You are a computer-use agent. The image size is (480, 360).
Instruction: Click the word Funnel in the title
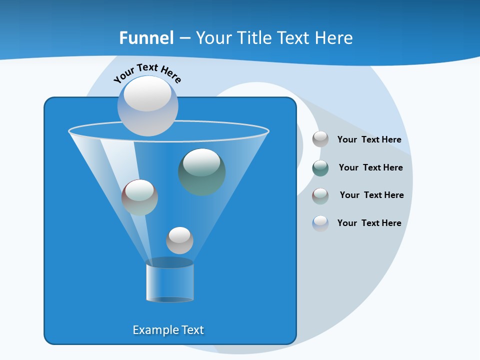point(146,38)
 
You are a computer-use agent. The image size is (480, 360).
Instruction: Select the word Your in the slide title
point(212,38)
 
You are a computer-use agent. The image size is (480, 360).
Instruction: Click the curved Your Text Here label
point(147,72)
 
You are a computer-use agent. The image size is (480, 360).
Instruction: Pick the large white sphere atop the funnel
point(147,105)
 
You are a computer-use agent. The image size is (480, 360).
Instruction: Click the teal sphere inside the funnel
point(202,171)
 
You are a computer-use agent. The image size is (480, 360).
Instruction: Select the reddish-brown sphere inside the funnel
point(140,197)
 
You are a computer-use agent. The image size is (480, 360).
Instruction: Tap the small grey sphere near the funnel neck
point(179,240)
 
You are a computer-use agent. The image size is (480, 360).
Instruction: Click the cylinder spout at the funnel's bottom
point(170,281)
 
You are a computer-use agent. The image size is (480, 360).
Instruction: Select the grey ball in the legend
point(320,139)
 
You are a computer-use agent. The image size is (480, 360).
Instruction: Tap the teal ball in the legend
point(320,168)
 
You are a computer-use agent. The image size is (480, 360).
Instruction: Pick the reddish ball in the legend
point(320,195)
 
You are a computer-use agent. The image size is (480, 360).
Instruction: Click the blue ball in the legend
point(320,223)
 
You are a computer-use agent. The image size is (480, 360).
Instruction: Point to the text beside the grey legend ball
point(369,139)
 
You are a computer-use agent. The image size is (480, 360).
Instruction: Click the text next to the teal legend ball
point(370,167)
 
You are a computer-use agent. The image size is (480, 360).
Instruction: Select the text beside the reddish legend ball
point(371,195)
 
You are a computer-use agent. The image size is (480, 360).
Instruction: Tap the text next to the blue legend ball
point(369,223)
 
